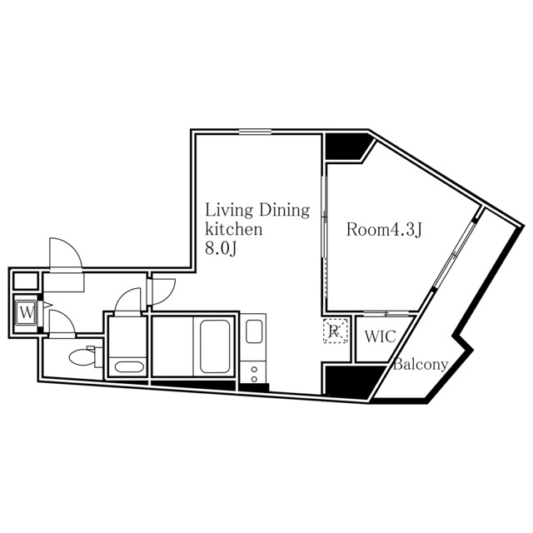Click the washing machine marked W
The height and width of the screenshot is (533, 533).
27,313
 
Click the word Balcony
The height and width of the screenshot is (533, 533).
421,364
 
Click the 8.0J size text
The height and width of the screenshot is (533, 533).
222,249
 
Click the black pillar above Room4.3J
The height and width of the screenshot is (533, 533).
346,146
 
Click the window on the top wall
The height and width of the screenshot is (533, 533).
255,131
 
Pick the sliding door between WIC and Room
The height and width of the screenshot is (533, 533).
388,313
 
